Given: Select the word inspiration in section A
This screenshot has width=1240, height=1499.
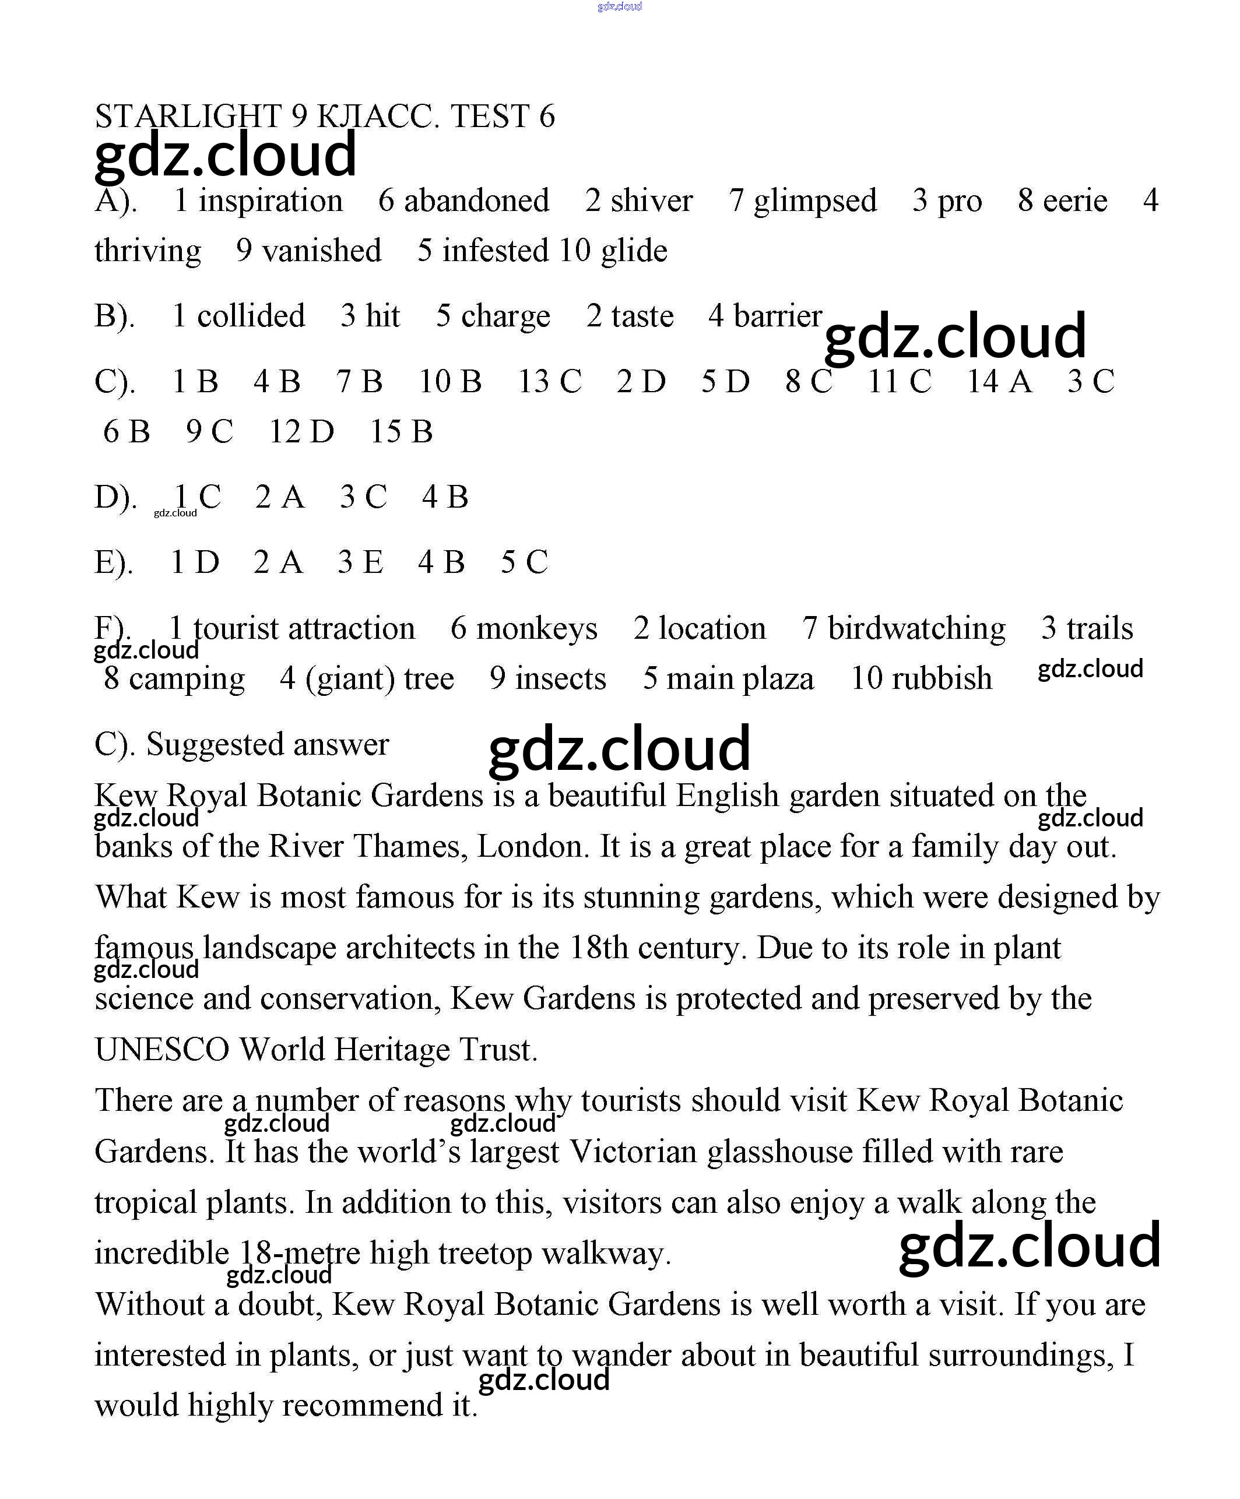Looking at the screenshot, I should [271, 200].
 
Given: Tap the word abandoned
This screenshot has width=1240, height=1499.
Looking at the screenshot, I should [476, 200].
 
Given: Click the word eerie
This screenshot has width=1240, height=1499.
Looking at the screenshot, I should [1074, 200].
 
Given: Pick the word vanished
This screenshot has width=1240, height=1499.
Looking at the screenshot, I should [321, 251].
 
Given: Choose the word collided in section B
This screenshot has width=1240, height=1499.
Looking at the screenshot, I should [251, 315].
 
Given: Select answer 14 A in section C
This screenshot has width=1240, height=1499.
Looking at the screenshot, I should [999, 381].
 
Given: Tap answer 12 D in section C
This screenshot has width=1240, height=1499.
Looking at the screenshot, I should [301, 431].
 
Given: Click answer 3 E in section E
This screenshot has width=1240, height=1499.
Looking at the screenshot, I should [360, 562].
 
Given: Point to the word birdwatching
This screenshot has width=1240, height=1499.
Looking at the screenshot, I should [916, 629].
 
